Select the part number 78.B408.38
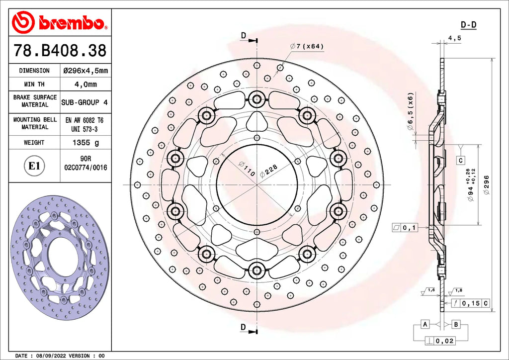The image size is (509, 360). coord(60,50)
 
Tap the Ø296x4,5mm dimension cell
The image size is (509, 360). coord(85,71)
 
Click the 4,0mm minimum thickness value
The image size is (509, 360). coord(85,85)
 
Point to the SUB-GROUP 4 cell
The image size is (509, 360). coord(85,102)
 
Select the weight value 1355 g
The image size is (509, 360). coord(85,143)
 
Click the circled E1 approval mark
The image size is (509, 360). coord(34,166)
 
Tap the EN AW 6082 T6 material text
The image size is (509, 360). coord(85,120)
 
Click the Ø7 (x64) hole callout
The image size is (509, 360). coord(307,46)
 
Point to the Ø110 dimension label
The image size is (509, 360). coord(247,169)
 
